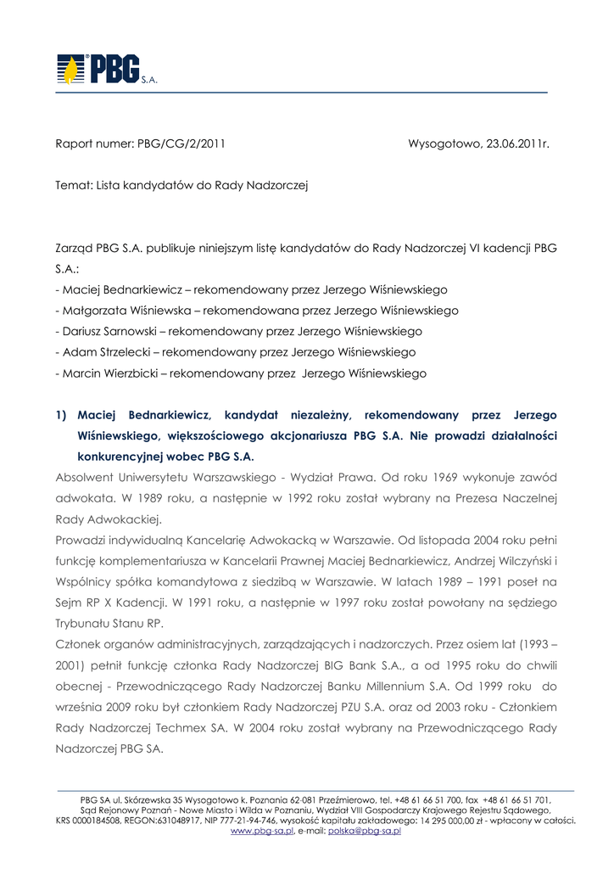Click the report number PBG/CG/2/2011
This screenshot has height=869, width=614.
[x=181, y=143]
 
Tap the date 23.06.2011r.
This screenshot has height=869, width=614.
[x=512, y=143]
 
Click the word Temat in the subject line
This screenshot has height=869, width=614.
[x=73, y=184]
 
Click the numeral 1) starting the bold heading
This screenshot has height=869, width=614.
[x=61, y=415]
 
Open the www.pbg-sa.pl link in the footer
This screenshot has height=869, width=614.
[x=262, y=832]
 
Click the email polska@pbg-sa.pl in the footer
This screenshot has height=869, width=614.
[x=364, y=832]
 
